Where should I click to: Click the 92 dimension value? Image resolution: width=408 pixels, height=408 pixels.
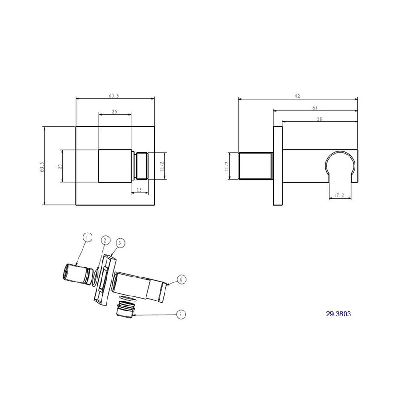click(x=297, y=96)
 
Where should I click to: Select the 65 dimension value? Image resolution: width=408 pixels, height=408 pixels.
click(x=315, y=108)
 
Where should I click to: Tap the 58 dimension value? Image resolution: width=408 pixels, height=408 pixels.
click(x=320, y=119)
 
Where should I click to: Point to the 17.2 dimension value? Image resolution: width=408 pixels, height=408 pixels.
click(x=339, y=195)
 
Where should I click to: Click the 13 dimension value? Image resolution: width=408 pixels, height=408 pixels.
click(x=139, y=189)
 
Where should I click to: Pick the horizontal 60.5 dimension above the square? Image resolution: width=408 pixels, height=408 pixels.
click(x=114, y=96)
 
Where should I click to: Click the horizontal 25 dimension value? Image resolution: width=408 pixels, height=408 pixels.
click(x=115, y=112)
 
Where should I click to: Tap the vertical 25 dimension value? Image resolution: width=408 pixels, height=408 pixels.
click(x=59, y=166)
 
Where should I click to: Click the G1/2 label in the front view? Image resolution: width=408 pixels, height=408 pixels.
click(x=161, y=166)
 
